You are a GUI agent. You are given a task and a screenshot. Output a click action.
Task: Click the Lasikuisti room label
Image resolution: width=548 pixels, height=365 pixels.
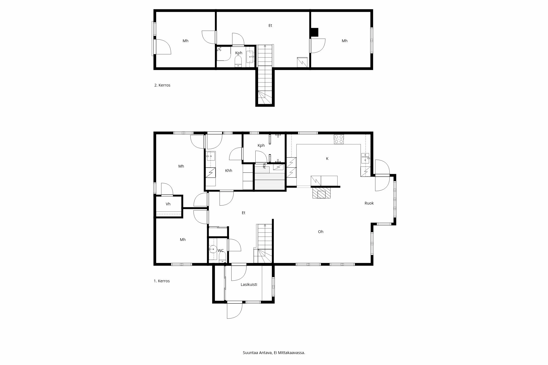tap(249, 284)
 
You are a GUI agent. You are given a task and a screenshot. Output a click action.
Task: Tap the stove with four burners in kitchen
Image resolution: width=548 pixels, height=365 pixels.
tap(339, 139)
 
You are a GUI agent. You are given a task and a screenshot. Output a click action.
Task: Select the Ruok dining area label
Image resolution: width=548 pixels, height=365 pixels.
tap(369, 203)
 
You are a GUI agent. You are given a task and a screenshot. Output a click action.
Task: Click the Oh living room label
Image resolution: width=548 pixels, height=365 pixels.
tap(321, 232)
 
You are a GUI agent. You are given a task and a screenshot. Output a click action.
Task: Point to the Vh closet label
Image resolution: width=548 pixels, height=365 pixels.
tap(168, 204)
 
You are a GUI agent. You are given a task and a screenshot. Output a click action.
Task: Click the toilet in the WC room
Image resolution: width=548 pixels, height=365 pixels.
tap(222, 257)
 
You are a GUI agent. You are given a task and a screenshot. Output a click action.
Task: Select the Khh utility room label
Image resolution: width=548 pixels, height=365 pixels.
tap(229, 171)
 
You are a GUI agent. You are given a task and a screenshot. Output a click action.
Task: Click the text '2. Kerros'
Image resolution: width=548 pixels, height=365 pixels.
tap(162, 85)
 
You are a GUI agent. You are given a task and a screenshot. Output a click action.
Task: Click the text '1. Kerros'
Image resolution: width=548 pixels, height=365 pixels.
tap(162, 281)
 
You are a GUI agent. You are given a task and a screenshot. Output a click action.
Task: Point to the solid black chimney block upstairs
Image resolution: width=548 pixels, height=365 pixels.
tap(314, 32)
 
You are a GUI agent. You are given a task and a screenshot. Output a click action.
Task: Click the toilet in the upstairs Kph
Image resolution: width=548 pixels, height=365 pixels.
tap(238, 61)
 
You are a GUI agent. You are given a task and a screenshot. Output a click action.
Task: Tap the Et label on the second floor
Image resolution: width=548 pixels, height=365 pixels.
tap(270, 25)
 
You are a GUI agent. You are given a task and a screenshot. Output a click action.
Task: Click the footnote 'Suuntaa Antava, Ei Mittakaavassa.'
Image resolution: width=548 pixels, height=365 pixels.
tap(274, 353)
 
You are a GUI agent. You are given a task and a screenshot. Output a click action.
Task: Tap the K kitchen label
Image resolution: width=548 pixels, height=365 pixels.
tap(327, 159)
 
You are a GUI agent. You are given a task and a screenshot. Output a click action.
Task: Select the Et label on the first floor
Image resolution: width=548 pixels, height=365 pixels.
tap(243, 213)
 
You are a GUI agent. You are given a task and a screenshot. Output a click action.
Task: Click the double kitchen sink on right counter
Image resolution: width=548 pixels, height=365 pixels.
tap(365, 158)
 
